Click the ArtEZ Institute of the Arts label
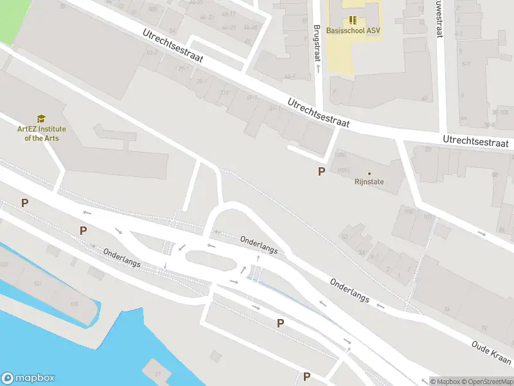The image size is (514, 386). (x=41, y=133)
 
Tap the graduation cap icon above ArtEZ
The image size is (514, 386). (x=41, y=119)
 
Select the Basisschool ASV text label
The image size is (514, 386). (x=353, y=30)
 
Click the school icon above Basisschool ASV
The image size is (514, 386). (x=352, y=19)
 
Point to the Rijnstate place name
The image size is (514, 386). (x=369, y=181)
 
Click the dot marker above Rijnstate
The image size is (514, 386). (x=369, y=173)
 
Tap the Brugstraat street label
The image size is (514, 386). (x=317, y=42)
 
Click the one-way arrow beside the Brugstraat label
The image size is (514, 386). (x=317, y=67)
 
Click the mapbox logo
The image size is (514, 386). (x=28, y=378)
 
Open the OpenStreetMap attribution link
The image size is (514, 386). (x=488, y=381)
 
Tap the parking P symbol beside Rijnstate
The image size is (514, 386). (x=321, y=171)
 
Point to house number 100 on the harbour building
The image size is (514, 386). (x=75, y=303)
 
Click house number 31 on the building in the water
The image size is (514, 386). (x=157, y=372)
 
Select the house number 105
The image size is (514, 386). (x=408, y=211)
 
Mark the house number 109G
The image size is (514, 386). (x=341, y=155)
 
